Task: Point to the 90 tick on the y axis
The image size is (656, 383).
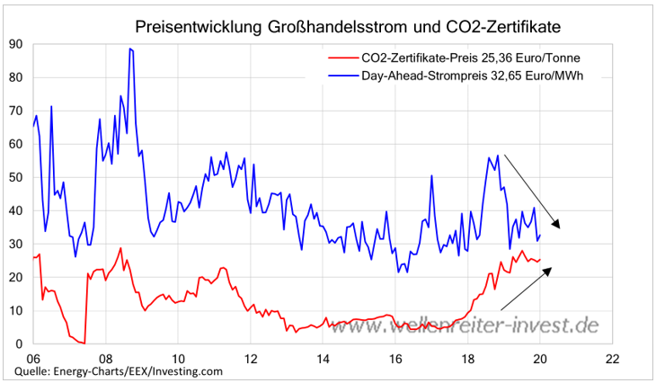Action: click(x=16, y=43)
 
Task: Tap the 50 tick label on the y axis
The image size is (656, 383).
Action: click(x=16, y=177)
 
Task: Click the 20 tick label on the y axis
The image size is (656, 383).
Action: click(x=16, y=277)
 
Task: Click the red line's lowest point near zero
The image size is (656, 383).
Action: click(x=84, y=343)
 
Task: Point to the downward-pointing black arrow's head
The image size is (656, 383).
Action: click(x=558, y=226)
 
